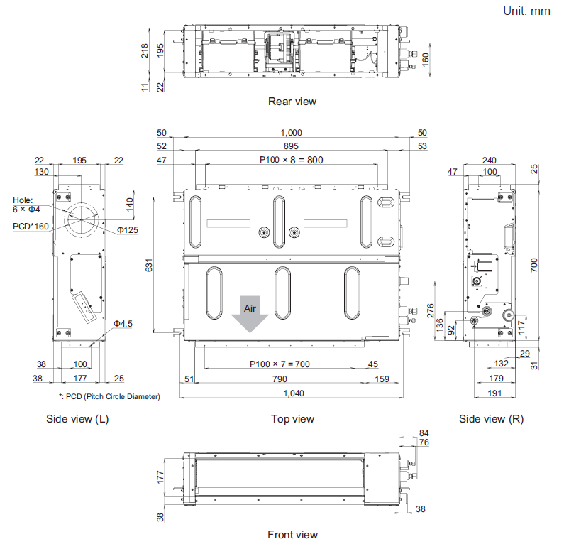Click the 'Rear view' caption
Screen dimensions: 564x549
(x=292, y=102)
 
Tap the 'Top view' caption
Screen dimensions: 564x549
(x=292, y=419)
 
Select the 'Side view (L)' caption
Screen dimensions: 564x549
(x=77, y=419)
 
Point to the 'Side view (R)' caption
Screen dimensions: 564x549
(x=491, y=419)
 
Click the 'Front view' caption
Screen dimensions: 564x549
(x=292, y=535)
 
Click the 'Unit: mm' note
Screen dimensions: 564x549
(x=526, y=11)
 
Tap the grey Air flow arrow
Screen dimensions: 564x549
(x=250, y=314)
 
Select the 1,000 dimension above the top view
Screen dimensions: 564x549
(x=291, y=133)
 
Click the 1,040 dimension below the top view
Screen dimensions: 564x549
(x=294, y=393)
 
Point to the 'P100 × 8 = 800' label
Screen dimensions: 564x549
(x=292, y=160)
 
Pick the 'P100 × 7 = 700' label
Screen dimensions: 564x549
(x=280, y=364)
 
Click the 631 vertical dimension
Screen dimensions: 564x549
(x=149, y=265)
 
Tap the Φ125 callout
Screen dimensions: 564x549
(x=128, y=230)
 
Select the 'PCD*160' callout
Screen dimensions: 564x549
(x=31, y=227)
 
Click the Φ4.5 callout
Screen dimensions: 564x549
(x=123, y=324)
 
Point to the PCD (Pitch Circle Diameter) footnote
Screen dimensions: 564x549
(x=109, y=397)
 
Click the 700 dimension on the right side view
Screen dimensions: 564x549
(x=534, y=265)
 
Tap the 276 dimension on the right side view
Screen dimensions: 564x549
(x=430, y=310)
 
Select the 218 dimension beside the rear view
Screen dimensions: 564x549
(x=145, y=50)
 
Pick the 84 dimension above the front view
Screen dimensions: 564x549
(x=424, y=433)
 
